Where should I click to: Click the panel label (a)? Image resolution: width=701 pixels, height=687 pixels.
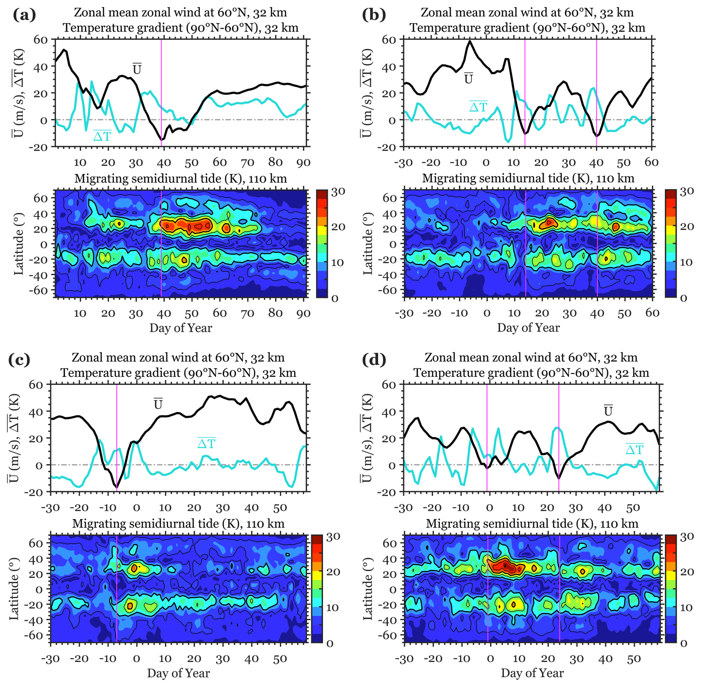point(24,15)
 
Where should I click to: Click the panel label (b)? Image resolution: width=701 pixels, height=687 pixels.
point(373,15)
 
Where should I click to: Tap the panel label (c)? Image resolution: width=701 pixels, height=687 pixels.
point(19,360)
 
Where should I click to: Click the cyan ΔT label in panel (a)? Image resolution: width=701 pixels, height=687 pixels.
point(102,136)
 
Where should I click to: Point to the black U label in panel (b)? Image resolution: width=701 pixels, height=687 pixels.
point(469,79)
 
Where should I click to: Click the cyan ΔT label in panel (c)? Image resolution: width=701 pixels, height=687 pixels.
point(206,443)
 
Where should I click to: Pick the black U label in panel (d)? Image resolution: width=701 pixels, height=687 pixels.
point(608,411)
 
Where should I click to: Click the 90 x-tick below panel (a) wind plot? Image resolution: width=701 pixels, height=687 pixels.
point(303,162)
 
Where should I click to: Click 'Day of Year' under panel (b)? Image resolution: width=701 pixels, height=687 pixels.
point(528,328)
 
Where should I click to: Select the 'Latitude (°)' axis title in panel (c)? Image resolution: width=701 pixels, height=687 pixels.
point(14,588)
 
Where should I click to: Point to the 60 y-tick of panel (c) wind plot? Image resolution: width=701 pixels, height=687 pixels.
point(36,385)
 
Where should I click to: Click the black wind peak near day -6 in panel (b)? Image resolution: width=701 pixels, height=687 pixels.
point(470,41)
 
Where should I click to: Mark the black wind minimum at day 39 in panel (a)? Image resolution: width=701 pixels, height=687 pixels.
point(162,140)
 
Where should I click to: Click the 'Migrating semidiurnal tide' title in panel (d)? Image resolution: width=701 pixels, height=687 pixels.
point(532,524)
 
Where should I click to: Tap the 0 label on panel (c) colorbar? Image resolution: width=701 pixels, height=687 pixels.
point(329,644)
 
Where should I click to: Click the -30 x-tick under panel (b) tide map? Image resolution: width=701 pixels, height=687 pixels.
point(404,313)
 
